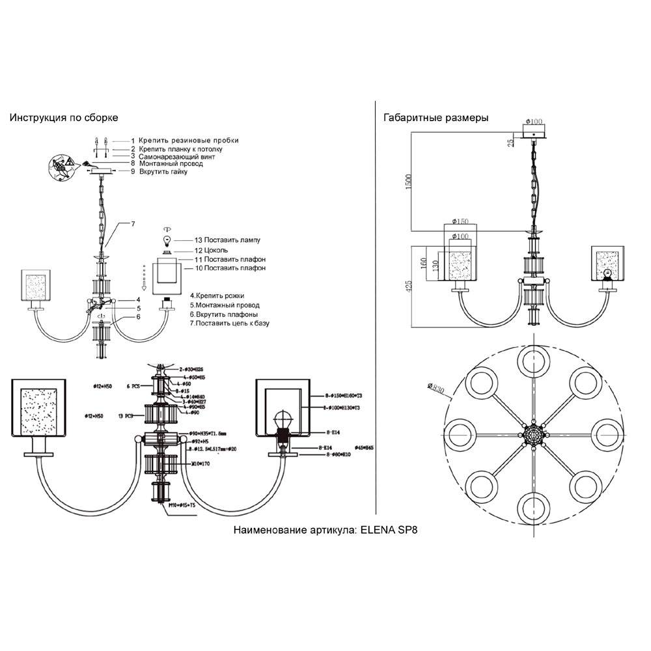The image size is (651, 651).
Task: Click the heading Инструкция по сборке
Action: point(64,118)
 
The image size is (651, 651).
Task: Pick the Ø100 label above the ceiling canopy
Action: point(534,122)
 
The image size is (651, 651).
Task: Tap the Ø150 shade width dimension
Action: point(460,222)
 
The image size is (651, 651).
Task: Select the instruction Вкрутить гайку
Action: point(163,172)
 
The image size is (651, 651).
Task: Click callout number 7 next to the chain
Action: point(132,224)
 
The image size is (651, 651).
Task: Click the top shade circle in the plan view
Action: point(533,362)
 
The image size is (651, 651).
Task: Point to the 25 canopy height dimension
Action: point(511,139)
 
